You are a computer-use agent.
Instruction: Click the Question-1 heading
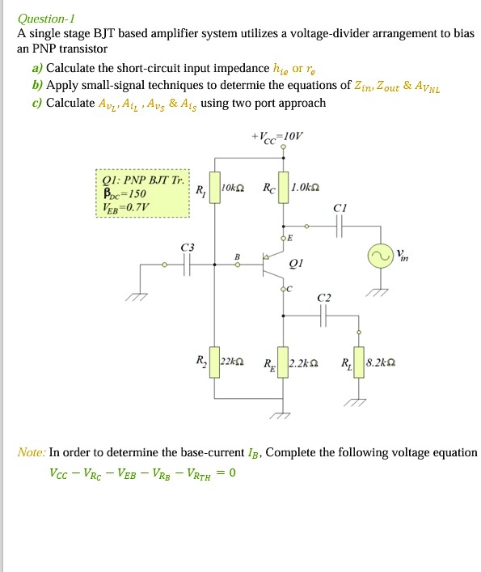(x=47, y=19)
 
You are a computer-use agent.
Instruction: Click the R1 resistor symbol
(x=214, y=189)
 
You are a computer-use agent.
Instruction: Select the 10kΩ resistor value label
(x=234, y=189)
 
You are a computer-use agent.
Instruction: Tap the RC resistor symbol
(x=283, y=189)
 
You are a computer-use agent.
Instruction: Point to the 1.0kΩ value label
(x=304, y=189)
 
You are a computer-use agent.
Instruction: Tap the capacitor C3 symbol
(x=188, y=264)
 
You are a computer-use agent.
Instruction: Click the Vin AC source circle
(x=381, y=256)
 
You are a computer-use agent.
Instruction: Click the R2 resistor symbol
(x=214, y=362)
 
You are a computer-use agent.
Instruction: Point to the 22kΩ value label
(x=234, y=362)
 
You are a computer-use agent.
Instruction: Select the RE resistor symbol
(x=283, y=362)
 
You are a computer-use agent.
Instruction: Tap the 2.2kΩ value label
(x=306, y=362)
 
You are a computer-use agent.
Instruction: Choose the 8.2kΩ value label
(x=382, y=362)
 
